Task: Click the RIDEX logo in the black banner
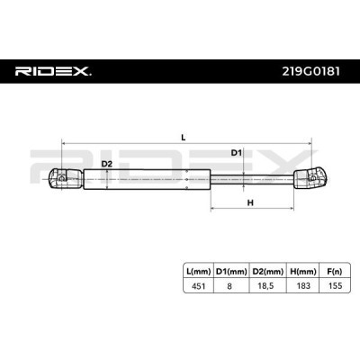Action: (x=53, y=71)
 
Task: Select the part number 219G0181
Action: (x=311, y=71)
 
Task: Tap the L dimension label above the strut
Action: (x=184, y=138)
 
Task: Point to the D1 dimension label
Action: (x=236, y=153)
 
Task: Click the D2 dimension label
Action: (x=106, y=164)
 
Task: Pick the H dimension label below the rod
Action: (x=250, y=202)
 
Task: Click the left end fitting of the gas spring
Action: (x=66, y=179)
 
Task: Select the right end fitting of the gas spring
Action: (x=310, y=179)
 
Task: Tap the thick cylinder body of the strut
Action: (x=147, y=179)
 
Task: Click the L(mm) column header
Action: (x=198, y=272)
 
